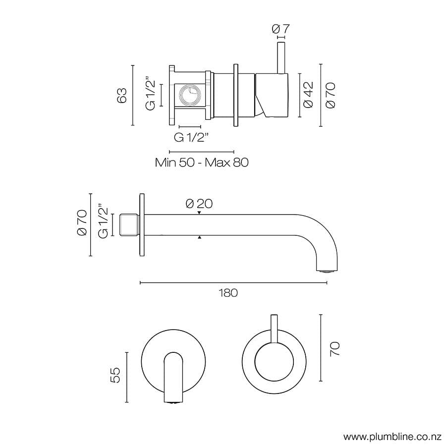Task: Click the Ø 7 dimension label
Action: click(280, 29)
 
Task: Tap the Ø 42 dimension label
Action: click(308, 95)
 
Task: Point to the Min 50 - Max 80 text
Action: click(201, 162)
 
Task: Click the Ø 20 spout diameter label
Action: click(199, 204)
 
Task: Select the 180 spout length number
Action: click(228, 293)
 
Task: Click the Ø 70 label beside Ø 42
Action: click(330, 95)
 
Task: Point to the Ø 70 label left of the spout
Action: click(82, 224)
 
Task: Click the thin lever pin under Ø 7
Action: click(280, 57)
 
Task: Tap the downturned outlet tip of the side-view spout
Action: click(327, 269)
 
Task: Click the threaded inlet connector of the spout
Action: click(130, 224)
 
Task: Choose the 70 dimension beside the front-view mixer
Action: click(335, 349)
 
